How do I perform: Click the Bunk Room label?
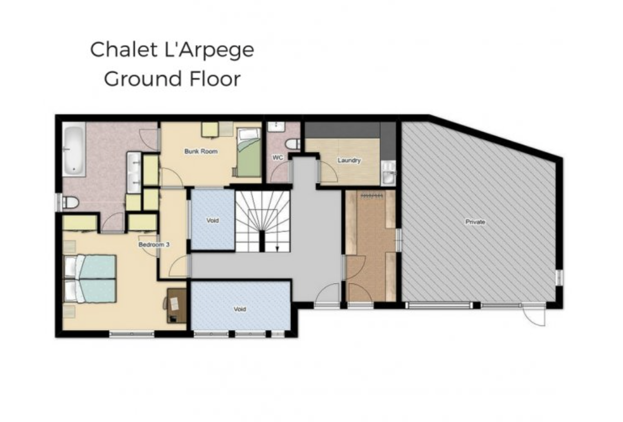(x=201, y=152)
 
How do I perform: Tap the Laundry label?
(x=349, y=161)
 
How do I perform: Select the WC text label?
(x=277, y=158)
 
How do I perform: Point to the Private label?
(x=475, y=222)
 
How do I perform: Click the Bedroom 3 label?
(x=154, y=245)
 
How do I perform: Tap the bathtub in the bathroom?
(x=74, y=149)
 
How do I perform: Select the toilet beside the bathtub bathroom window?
(x=71, y=202)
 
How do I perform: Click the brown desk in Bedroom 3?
(x=177, y=305)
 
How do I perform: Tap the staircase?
(x=262, y=221)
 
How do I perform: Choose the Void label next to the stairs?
(x=212, y=220)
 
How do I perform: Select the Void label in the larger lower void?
(x=240, y=309)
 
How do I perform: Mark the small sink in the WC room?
(x=276, y=127)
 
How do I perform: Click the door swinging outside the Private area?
(x=533, y=315)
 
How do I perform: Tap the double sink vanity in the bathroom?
(x=134, y=172)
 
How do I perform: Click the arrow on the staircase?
(x=277, y=248)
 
